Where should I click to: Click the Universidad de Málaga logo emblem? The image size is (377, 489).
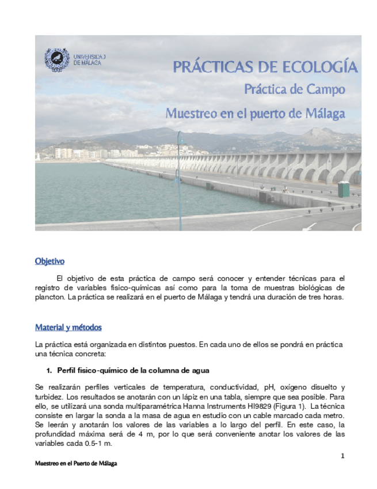tap(57, 59)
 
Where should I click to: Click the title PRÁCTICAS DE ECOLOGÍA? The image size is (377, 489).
tap(265, 67)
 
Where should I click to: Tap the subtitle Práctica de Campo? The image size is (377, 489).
tap(295, 90)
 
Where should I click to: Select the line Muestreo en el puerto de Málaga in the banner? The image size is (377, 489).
tap(255, 113)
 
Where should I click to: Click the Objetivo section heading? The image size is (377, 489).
tap(49, 261)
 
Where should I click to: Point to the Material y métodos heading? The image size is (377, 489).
tap(68, 328)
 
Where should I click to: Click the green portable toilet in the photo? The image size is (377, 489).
tap(344, 189)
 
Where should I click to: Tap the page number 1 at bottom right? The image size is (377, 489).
tap(342, 457)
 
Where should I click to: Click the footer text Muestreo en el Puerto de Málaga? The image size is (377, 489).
tap(75, 464)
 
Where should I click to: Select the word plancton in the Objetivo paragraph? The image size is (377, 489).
tap(49, 298)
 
